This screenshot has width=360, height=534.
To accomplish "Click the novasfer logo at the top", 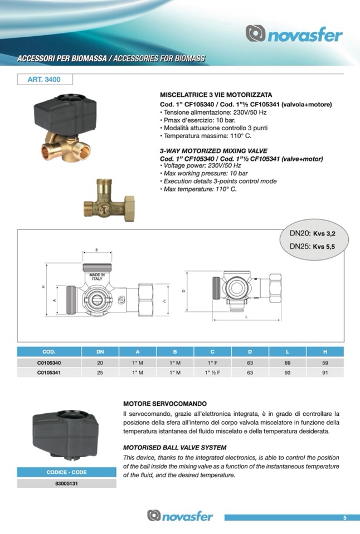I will point(295,35).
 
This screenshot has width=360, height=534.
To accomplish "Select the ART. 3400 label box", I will point(44,80).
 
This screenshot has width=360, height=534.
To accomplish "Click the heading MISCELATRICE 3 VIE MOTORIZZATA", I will point(216,95).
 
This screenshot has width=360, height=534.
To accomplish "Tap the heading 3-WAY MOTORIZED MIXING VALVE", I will point(213,151).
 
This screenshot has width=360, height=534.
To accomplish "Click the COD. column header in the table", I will point(49,352).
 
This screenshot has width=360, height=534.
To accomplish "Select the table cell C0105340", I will point(49,363).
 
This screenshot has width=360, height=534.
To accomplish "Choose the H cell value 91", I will point(325,373).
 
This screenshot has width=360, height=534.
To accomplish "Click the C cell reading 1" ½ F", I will point(212,373).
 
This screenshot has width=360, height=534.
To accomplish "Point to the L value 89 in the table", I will point(288,363).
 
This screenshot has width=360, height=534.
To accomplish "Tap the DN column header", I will point(100,352).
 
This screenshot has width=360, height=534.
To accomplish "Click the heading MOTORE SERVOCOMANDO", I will point(165,403).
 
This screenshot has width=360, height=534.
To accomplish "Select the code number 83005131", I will point(67,483).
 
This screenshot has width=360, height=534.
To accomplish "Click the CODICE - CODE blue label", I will point(67,473).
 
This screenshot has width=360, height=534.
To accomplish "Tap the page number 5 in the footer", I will point(344,518).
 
